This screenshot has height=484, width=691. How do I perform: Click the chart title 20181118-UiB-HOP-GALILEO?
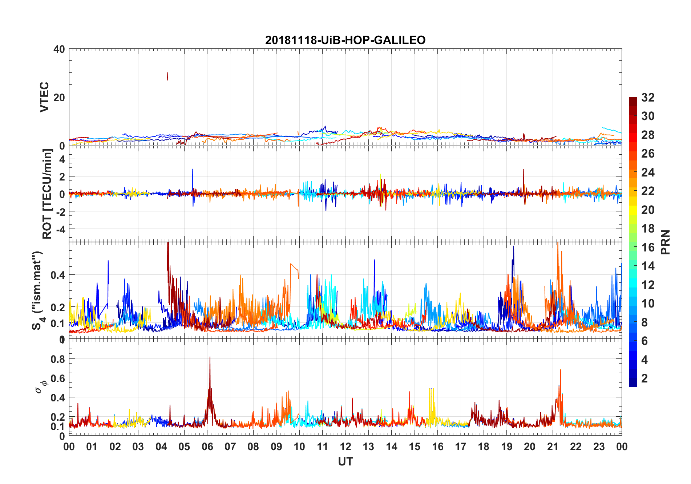pyautogui.click(x=345, y=40)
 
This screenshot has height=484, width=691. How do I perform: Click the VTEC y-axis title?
pyautogui.click(x=44, y=97)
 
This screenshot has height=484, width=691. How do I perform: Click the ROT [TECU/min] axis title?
pyautogui.click(x=47, y=194)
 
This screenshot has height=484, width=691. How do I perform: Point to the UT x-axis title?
pyautogui.click(x=345, y=461)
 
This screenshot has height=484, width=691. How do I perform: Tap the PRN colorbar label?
pyautogui.click(x=665, y=242)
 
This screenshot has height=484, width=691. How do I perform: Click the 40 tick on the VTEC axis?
pyautogui.click(x=59, y=49)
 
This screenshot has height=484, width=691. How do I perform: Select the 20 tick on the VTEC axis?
pyautogui.click(x=59, y=98)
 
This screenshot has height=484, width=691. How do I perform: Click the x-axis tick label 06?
pyautogui.click(x=207, y=447)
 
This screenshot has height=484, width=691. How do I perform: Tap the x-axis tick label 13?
pyautogui.click(x=368, y=447)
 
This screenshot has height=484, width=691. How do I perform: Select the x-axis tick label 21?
pyautogui.click(x=553, y=447)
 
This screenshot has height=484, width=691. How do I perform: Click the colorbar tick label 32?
pyautogui.click(x=648, y=98)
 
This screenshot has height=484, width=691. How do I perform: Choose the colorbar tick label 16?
pyautogui.click(x=648, y=247)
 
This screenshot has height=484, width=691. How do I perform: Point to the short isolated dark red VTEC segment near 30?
pyautogui.click(x=167, y=76)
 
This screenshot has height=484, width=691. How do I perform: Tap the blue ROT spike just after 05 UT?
pyautogui.click(x=193, y=170)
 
